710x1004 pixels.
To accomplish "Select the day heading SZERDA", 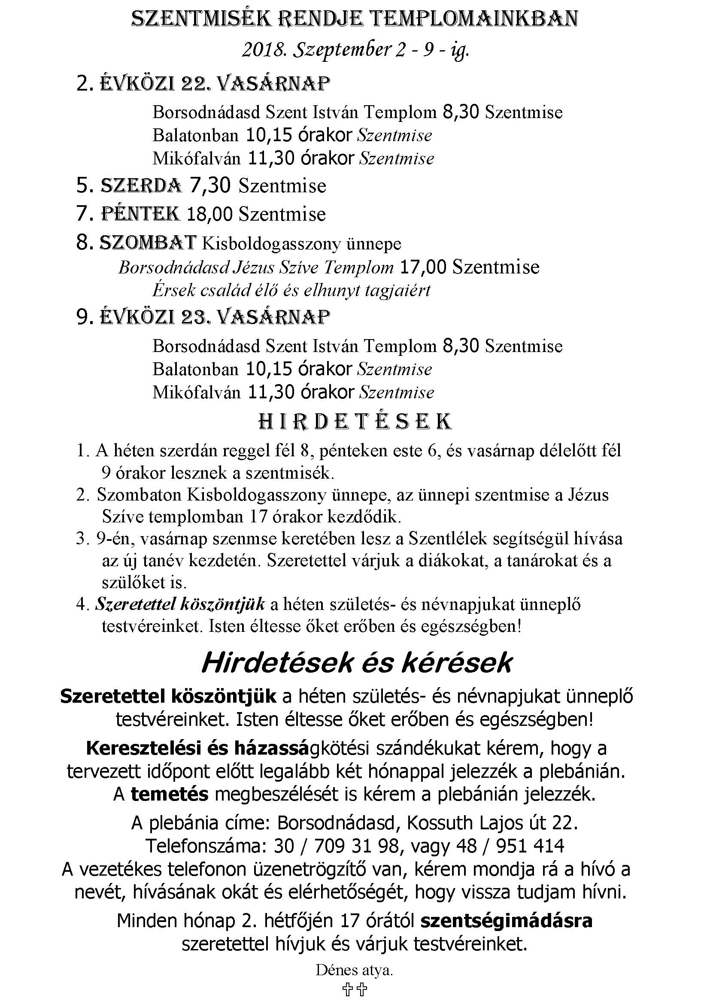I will pos(141,185).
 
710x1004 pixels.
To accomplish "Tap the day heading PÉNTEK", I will pos(140,214).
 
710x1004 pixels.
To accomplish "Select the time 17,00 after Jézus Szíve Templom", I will pos(423,267).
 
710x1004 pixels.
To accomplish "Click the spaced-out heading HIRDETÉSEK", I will pos(355,422).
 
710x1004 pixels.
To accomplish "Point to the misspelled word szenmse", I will pos(241,539).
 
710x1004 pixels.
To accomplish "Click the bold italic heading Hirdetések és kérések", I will pos(356,663).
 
